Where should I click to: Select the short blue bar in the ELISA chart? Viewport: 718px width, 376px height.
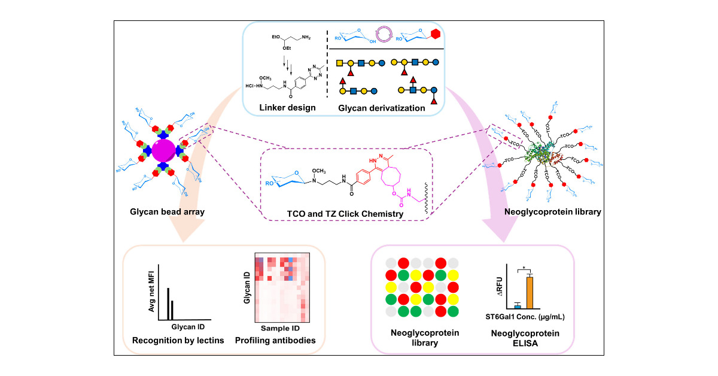[517, 306]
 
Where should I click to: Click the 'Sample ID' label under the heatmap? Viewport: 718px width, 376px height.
[280, 328]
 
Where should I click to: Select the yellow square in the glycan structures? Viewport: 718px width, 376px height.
[339, 63]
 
